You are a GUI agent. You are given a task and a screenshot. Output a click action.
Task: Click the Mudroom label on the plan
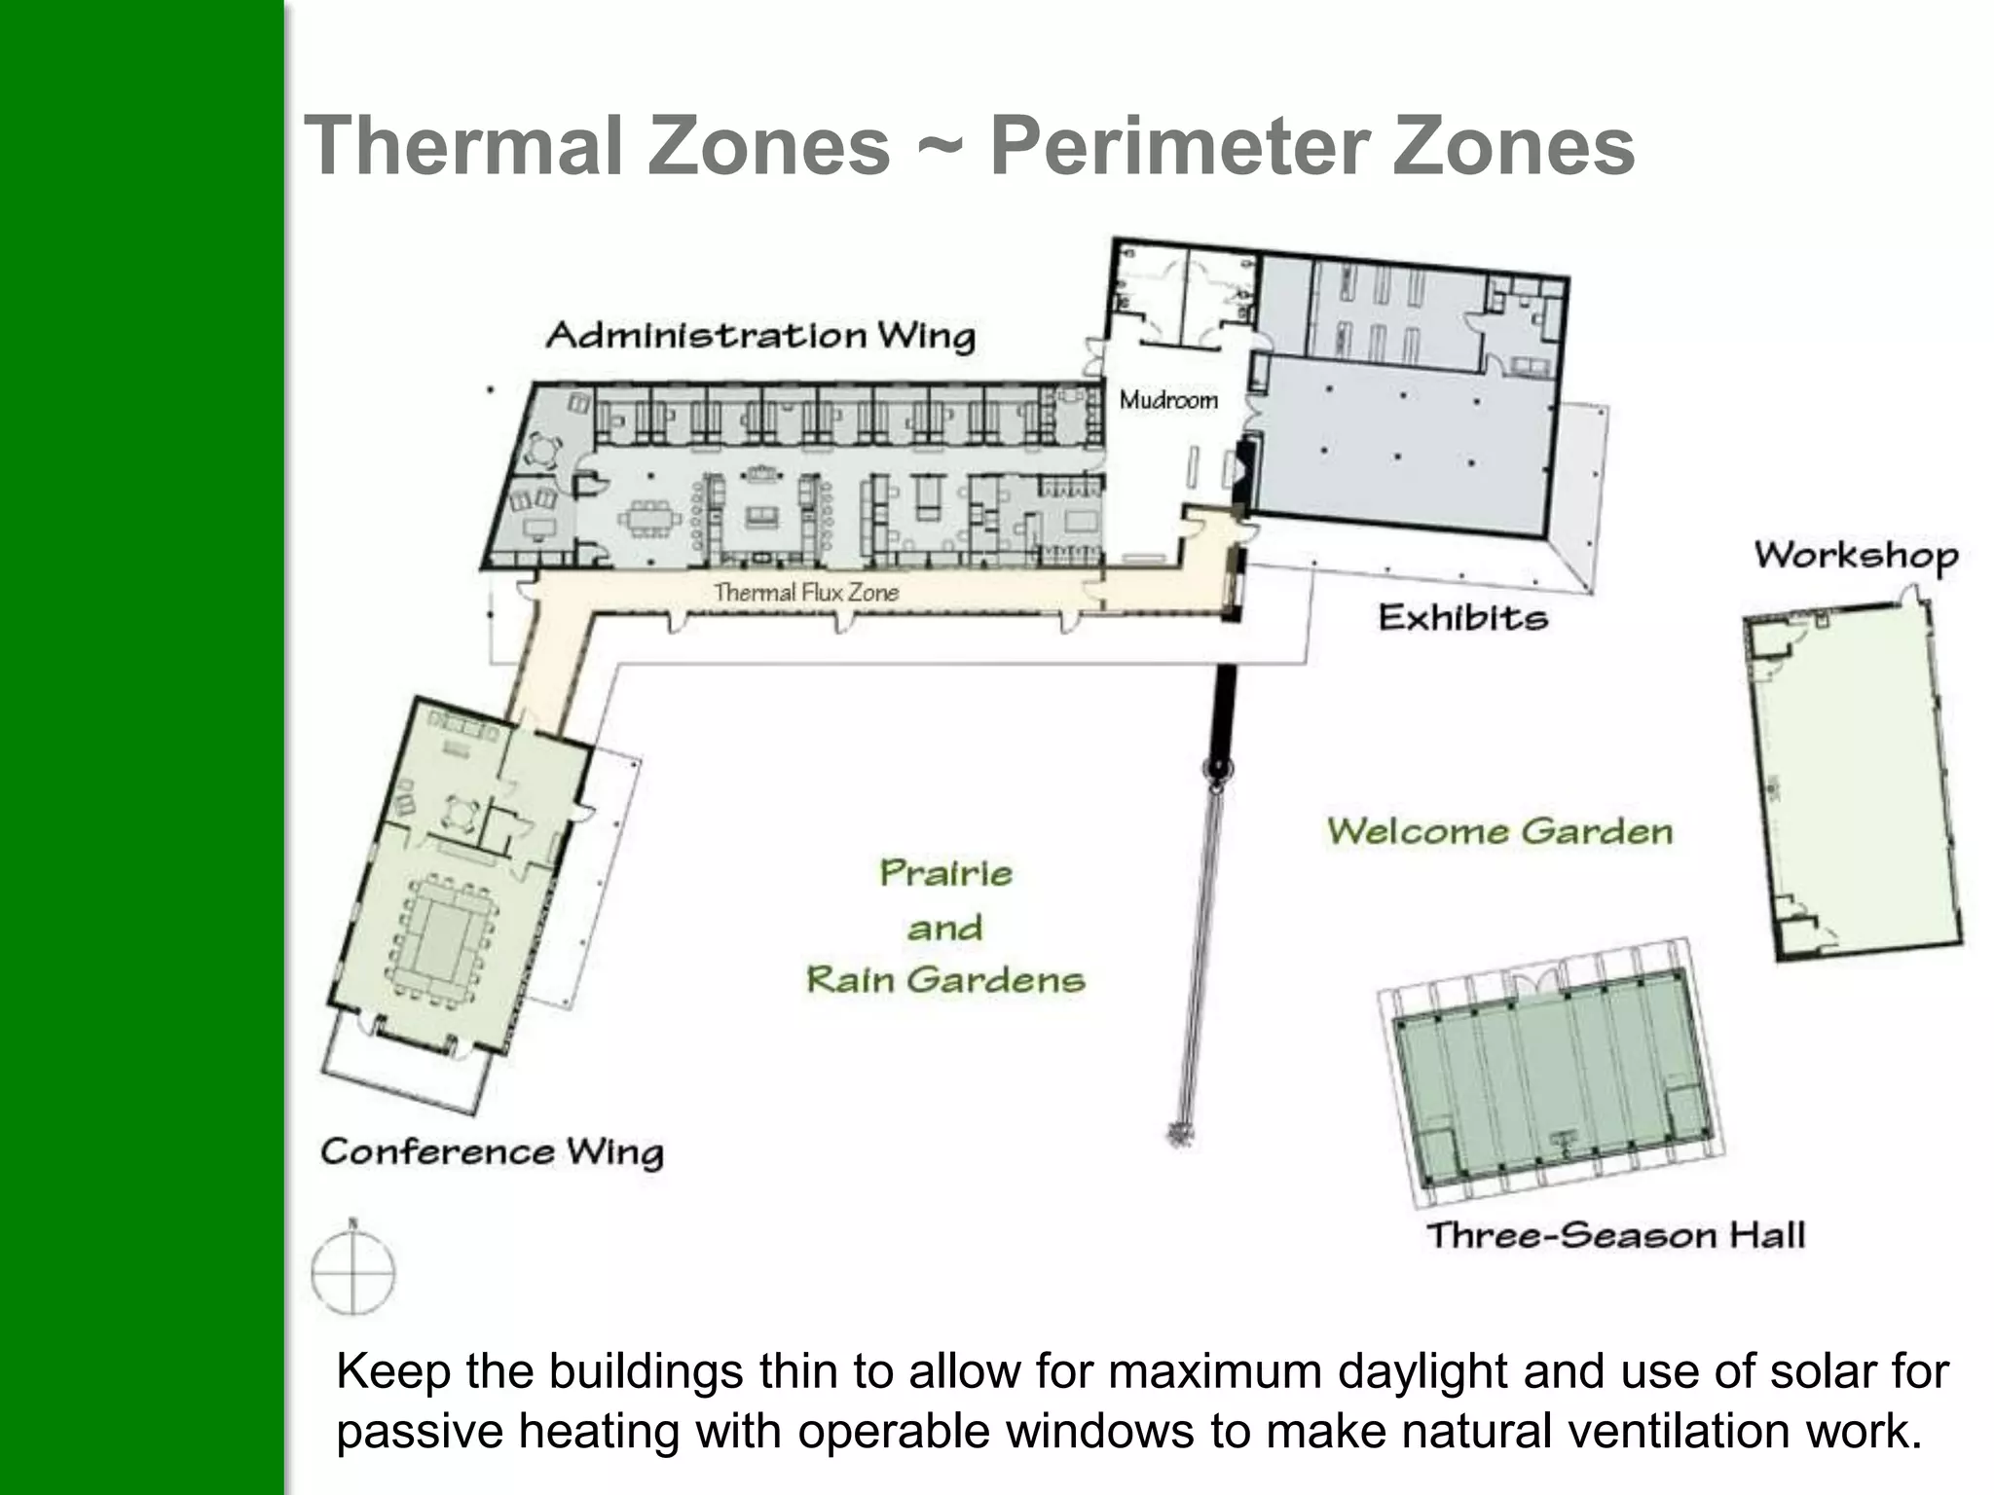point(1168,400)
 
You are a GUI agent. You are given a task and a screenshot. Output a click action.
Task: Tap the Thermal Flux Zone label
point(805,592)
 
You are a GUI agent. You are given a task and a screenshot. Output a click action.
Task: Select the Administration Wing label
point(760,336)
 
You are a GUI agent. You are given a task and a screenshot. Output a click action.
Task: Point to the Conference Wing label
point(492,1152)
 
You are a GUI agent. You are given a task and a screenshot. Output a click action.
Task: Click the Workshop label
point(1856,556)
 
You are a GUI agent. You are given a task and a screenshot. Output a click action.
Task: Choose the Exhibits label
point(1462,618)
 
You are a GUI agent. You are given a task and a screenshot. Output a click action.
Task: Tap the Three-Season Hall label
point(1615,1235)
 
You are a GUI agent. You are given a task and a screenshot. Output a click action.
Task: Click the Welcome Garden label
point(1499,831)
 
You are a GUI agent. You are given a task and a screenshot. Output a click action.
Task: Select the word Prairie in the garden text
point(945,873)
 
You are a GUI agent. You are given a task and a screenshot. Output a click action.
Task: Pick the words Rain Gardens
point(945,979)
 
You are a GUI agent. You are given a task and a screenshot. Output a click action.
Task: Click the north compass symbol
point(352,1269)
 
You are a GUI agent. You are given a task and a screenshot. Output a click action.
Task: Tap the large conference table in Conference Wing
point(443,940)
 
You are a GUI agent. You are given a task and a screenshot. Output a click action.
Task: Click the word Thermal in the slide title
point(463,146)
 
